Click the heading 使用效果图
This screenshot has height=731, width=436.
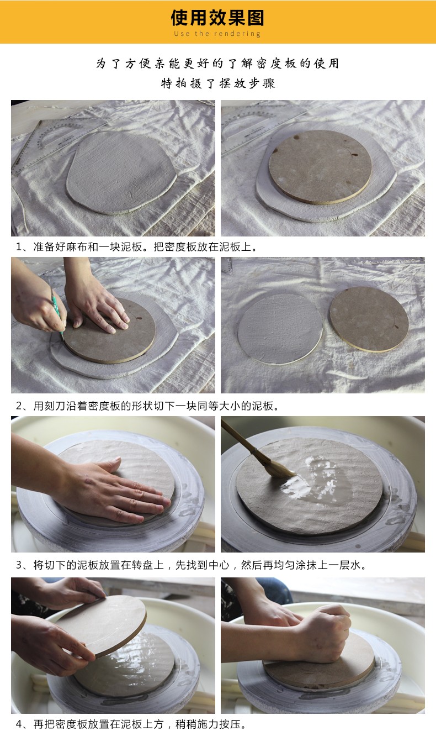(x=217, y=18)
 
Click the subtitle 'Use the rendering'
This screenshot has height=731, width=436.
(x=217, y=34)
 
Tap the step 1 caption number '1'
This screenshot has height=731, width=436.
(x=19, y=247)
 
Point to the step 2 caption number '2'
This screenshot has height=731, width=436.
(x=19, y=406)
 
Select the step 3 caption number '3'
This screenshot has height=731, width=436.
(x=19, y=565)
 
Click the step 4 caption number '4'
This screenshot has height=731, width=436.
(x=19, y=724)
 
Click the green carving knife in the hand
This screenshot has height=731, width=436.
(x=56, y=312)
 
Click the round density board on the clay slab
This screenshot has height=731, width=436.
(x=320, y=167)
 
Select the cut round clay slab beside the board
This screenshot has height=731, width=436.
(x=280, y=328)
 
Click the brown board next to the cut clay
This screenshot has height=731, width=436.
(x=369, y=319)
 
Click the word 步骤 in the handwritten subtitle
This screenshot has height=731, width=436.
(x=263, y=83)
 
